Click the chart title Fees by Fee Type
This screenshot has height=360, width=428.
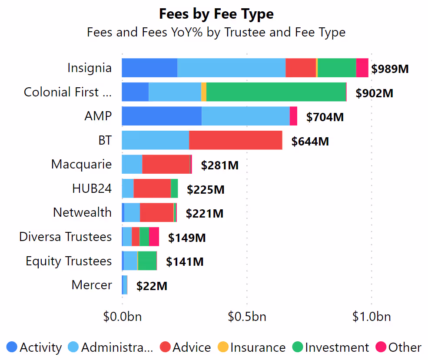click(x=216, y=14)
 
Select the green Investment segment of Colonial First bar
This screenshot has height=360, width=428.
click(x=276, y=92)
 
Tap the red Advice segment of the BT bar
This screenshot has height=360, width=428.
click(x=236, y=140)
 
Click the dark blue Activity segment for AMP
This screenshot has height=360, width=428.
click(x=161, y=116)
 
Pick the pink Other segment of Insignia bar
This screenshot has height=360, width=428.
click(x=362, y=68)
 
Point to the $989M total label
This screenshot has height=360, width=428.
click(x=390, y=69)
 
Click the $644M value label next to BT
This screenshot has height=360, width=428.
click(x=310, y=142)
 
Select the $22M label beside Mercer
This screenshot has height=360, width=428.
click(x=152, y=286)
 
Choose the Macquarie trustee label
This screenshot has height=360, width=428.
click(x=81, y=164)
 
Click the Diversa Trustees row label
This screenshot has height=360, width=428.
click(x=65, y=237)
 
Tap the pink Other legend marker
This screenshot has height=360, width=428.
click(x=381, y=347)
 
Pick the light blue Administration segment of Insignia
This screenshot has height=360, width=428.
click(x=231, y=68)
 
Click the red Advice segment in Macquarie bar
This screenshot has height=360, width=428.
click(x=166, y=164)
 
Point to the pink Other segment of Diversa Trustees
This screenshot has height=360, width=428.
click(x=154, y=237)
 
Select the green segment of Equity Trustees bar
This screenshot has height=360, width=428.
click(x=147, y=261)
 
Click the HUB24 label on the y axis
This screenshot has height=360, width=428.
click(x=92, y=188)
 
